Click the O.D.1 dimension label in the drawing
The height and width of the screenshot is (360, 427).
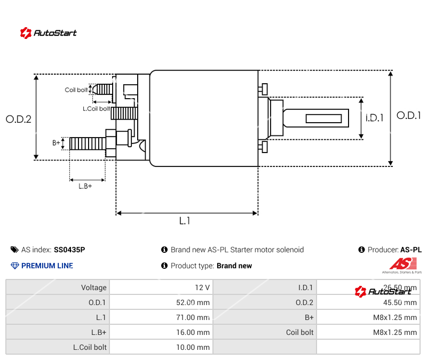coord(408,115)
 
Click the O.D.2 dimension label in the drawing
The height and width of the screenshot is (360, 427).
coord(19,119)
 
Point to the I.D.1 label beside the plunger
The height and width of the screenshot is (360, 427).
coord(375,118)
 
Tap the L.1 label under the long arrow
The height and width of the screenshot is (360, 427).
coord(185,220)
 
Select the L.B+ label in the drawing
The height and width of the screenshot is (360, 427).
coord(85,186)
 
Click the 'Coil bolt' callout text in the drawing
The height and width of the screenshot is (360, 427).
coord(76,90)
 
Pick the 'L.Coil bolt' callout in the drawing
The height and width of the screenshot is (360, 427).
coord(96,108)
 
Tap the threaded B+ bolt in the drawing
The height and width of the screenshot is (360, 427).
coord(88,143)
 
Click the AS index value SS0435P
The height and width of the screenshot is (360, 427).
coord(69,250)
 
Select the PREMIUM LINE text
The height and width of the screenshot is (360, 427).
coord(47,266)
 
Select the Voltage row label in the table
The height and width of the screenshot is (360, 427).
coord(94,287)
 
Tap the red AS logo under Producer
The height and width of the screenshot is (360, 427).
coord(401,263)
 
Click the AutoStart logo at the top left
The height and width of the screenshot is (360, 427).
coord(49,33)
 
